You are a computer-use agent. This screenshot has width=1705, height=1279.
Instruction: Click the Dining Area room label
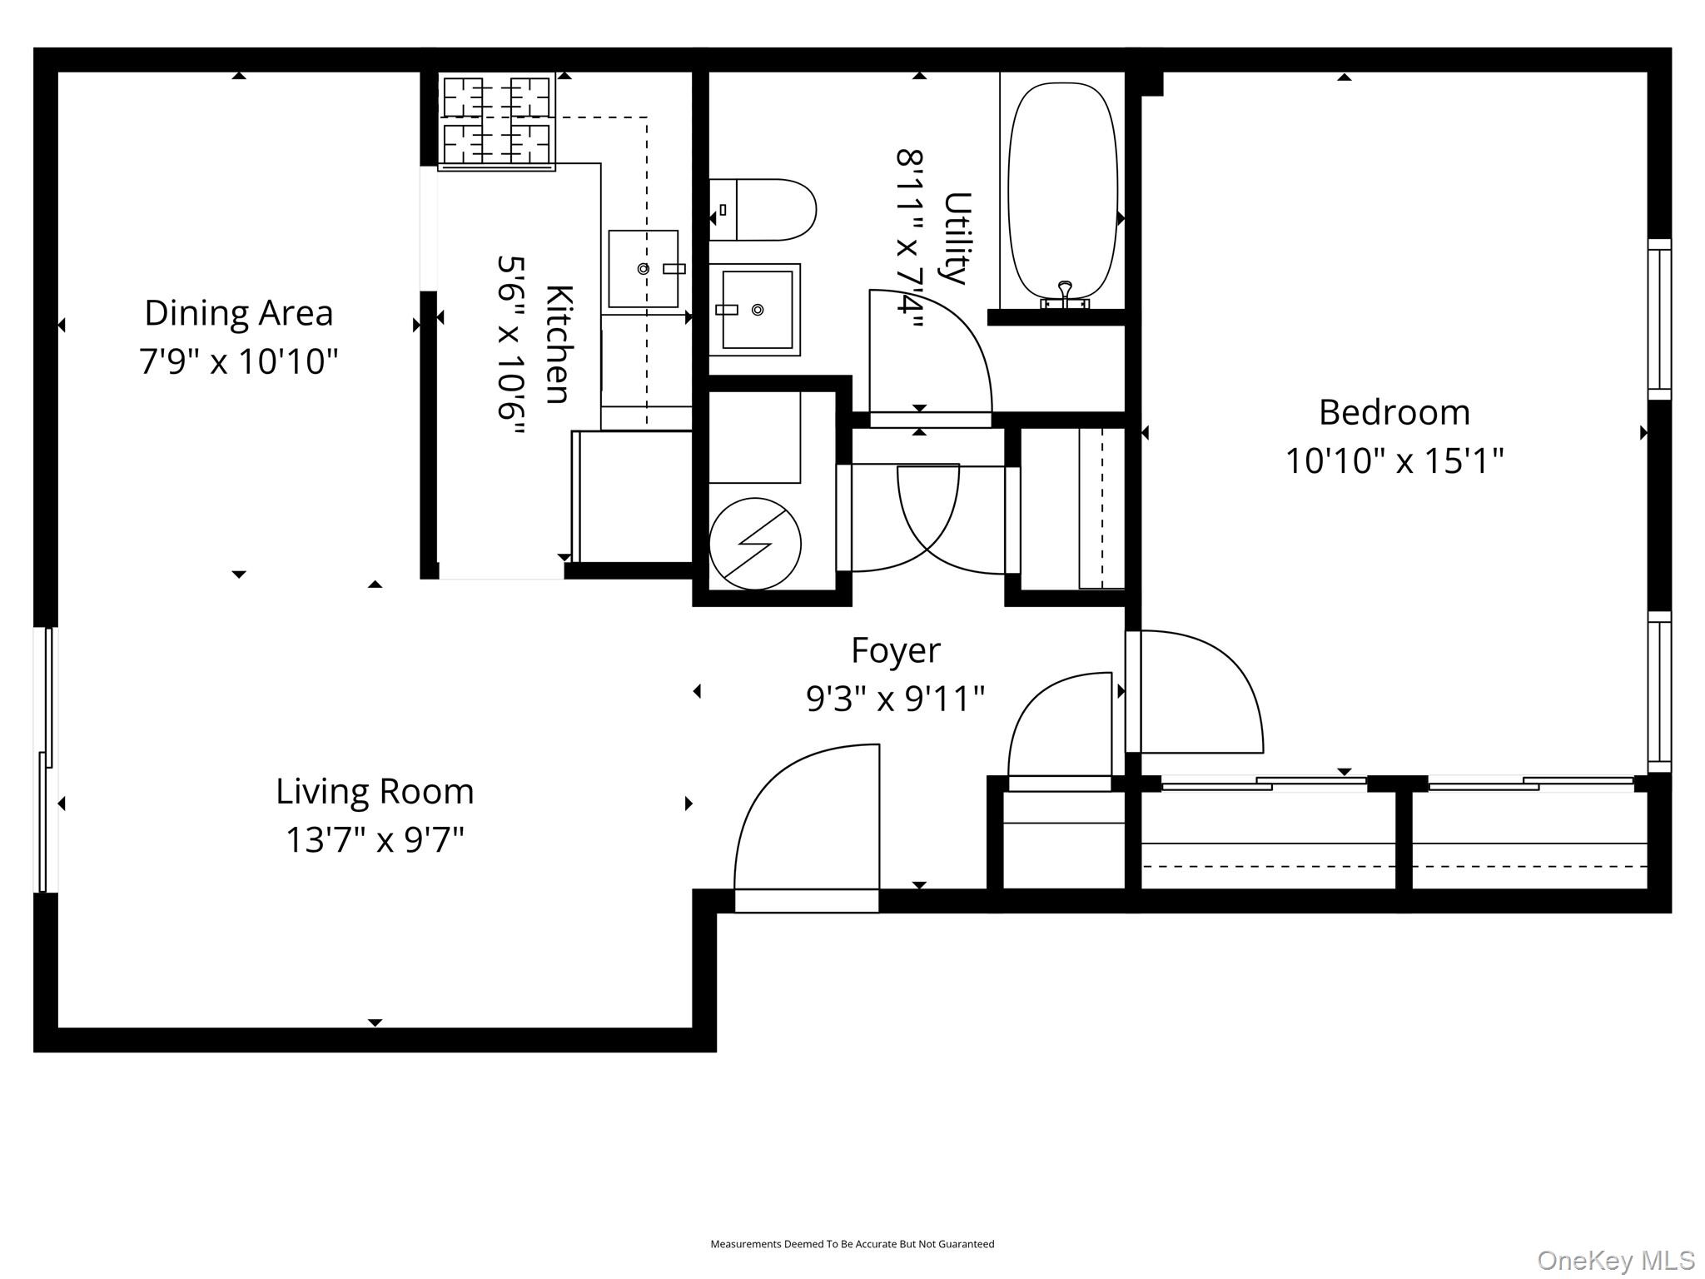239,314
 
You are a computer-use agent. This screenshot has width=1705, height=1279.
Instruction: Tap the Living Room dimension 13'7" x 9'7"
375,839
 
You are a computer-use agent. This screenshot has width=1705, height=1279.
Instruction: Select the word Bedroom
1394,413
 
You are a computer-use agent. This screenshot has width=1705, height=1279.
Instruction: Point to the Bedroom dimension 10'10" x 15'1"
1394,460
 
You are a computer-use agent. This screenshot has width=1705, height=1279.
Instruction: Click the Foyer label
895,650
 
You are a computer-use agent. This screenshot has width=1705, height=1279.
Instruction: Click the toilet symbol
762,210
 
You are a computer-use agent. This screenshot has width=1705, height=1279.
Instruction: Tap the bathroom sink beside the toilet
755,310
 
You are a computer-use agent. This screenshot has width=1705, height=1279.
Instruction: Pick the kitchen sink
644,269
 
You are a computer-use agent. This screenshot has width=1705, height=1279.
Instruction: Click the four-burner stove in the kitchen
497,122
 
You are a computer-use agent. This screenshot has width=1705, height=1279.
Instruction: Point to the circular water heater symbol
755,544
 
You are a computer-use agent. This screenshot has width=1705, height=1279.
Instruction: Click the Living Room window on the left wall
46,759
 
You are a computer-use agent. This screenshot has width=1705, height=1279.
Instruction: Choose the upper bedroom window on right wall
1659,319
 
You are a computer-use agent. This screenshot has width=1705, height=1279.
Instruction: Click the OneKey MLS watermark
1615,1260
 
